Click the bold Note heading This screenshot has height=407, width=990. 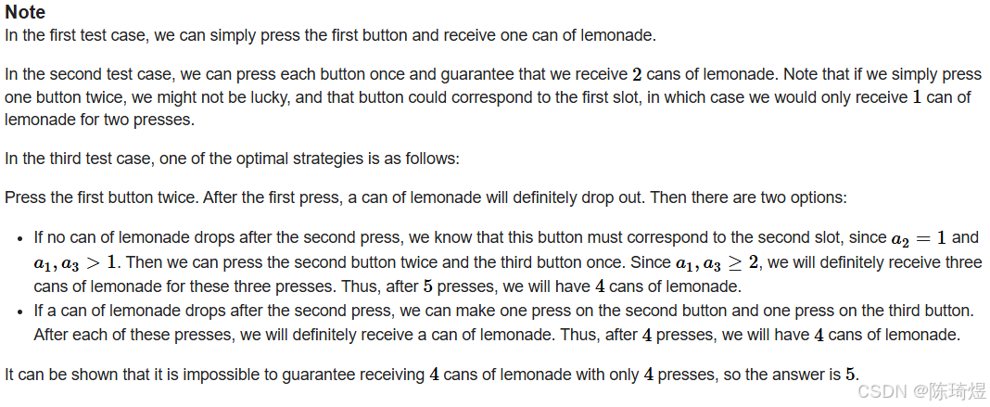[x=25, y=13]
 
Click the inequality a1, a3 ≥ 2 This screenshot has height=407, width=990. [x=718, y=262]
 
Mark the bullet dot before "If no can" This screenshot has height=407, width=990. [x=20, y=238]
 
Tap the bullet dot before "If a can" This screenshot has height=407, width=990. [x=20, y=312]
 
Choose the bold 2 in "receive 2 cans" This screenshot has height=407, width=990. [x=637, y=74]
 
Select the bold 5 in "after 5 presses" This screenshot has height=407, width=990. [x=427, y=286]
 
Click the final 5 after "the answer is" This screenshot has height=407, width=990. [x=849, y=375]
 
